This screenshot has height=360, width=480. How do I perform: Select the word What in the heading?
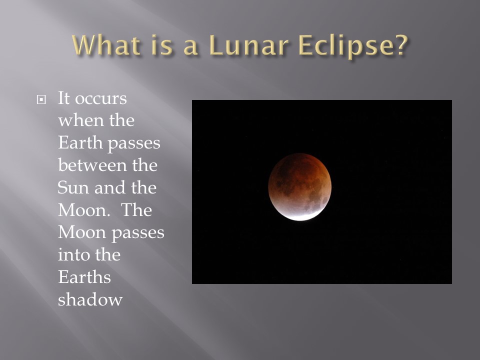point(107,45)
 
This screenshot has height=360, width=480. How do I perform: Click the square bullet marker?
point(41,99)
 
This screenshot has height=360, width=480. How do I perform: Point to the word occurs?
point(101,99)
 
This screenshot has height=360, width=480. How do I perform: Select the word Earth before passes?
point(80,142)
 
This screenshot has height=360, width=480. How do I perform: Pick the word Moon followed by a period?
point(84,210)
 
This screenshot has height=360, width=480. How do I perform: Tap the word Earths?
point(84,277)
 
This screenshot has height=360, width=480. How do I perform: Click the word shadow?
point(90,299)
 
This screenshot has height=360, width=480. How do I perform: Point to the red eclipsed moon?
point(299,186)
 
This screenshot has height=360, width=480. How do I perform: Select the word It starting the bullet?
point(64,98)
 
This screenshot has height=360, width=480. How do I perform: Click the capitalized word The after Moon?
point(136,210)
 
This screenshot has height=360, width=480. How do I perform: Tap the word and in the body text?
point(110,187)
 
